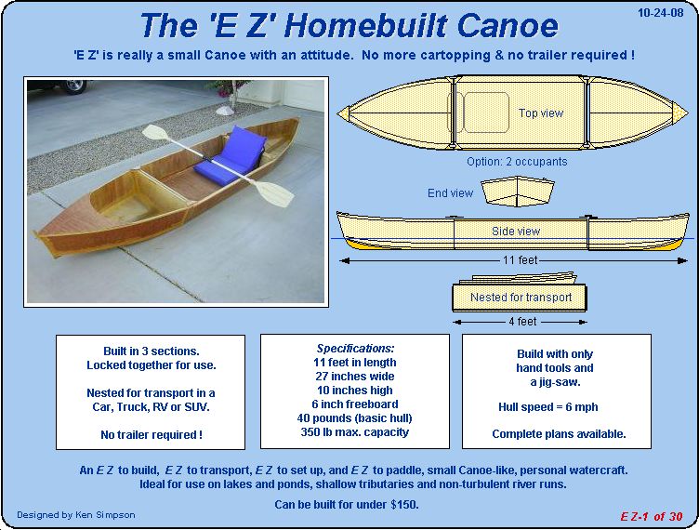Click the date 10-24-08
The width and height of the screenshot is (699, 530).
660,12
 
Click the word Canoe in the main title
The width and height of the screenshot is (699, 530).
508,25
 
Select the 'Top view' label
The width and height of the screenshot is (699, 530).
541,113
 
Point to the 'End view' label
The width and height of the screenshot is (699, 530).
450,193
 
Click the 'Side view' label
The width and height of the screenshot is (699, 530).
516,231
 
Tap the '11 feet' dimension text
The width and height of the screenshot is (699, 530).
521,259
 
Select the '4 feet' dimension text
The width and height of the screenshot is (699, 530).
522,322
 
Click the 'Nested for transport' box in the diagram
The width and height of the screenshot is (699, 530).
520,298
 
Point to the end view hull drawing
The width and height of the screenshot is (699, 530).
518,191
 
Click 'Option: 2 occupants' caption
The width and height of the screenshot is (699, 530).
517,162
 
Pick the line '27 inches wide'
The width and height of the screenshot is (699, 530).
355,377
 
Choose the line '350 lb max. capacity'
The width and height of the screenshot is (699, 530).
355,432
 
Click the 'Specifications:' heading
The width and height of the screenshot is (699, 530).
355,348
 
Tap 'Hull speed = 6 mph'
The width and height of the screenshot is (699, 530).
548,407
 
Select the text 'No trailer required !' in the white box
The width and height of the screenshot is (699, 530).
152,434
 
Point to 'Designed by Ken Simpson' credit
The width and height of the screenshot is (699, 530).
76,515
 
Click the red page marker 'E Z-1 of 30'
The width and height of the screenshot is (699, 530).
652,517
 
